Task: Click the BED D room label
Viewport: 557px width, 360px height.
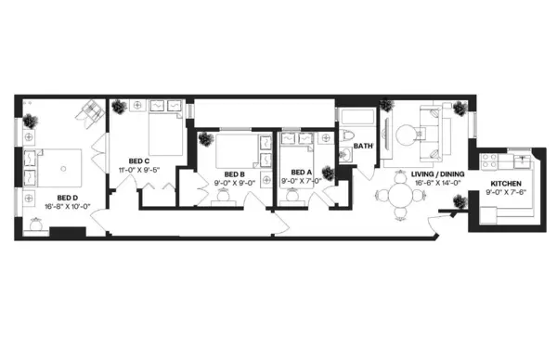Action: [66, 197]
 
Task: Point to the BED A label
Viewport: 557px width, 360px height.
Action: [300, 173]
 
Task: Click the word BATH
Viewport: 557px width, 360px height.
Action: [363, 146]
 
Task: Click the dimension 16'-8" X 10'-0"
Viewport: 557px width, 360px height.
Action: [66, 206]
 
